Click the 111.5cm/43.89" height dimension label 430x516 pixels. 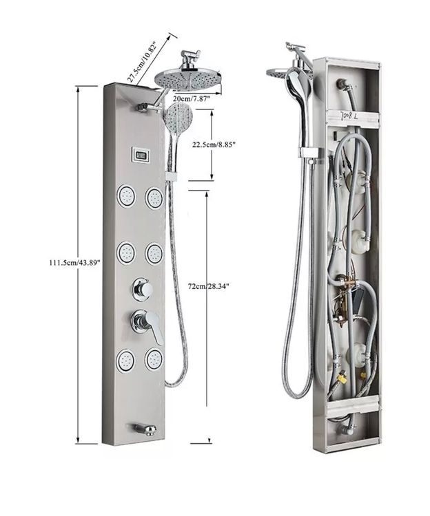point(74,263)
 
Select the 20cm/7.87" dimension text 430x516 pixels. point(192,98)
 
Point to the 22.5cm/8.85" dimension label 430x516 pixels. point(214,144)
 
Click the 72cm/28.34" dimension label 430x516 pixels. point(208,286)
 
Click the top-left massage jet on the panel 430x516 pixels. point(127,197)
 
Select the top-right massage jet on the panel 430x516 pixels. point(154,197)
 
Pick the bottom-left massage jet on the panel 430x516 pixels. point(127,361)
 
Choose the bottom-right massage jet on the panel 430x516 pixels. point(154,360)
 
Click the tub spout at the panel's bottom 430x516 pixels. point(145,430)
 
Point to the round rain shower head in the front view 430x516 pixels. point(188,79)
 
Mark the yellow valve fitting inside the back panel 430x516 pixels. point(342,375)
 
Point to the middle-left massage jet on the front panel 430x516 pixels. point(127,253)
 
